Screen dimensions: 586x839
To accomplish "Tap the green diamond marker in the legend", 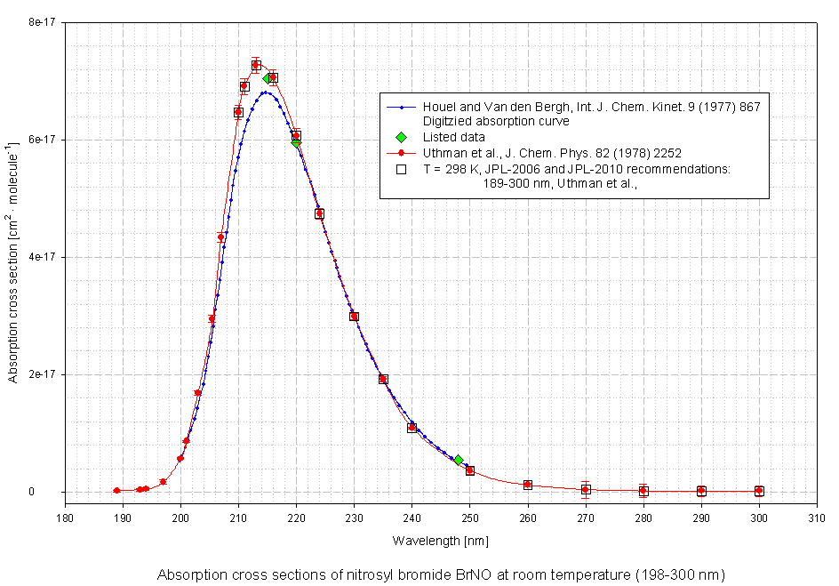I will click(402, 137).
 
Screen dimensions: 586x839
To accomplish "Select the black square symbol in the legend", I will click(402, 168).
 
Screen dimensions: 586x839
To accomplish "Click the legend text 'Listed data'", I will click(454, 137).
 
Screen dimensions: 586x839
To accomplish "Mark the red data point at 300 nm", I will click(759, 491).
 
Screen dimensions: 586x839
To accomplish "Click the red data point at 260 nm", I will click(528, 485).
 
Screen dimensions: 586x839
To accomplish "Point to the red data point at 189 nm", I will click(116, 491).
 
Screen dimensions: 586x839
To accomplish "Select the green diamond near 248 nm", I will click(459, 460).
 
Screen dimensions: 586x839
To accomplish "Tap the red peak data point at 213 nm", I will click(256, 65).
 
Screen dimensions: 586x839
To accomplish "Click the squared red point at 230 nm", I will click(354, 316).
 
